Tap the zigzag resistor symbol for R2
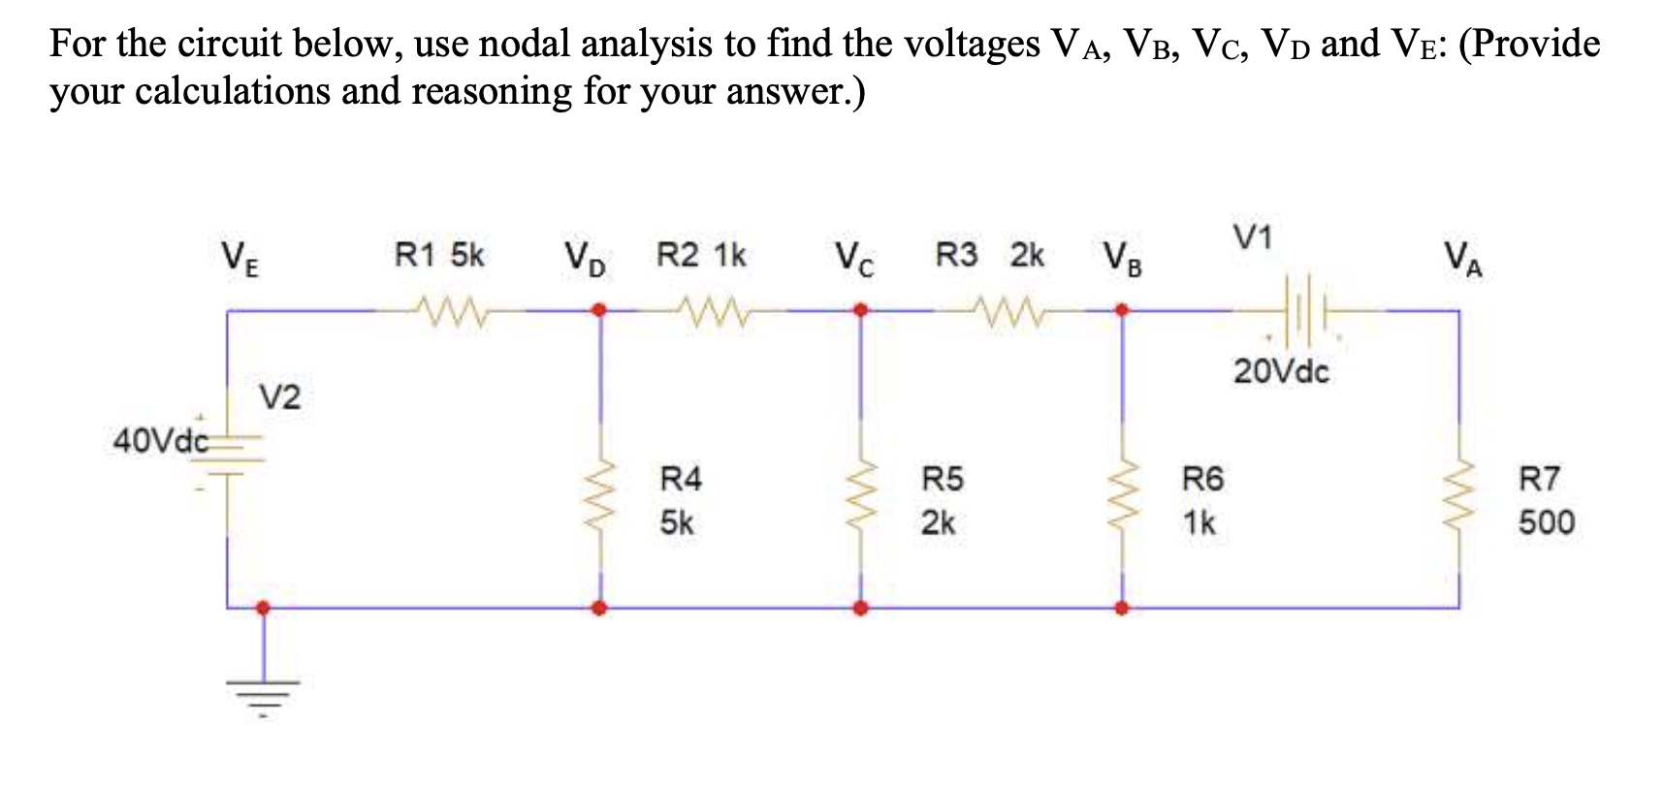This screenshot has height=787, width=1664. coord(715,312)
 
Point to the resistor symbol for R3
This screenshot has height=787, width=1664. coord(1011,312)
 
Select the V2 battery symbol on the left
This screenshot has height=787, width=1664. coord(229,456)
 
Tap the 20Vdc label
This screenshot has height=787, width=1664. coord(1281,372)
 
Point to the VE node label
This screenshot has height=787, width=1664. coord(240,259)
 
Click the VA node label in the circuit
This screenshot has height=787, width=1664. coord(1462,259)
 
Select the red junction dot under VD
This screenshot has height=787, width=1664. coord(600,311)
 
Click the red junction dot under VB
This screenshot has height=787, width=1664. coord(1122,311)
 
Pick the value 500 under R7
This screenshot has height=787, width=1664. coord(1546,522)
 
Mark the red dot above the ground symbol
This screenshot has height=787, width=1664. coord(263,608)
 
